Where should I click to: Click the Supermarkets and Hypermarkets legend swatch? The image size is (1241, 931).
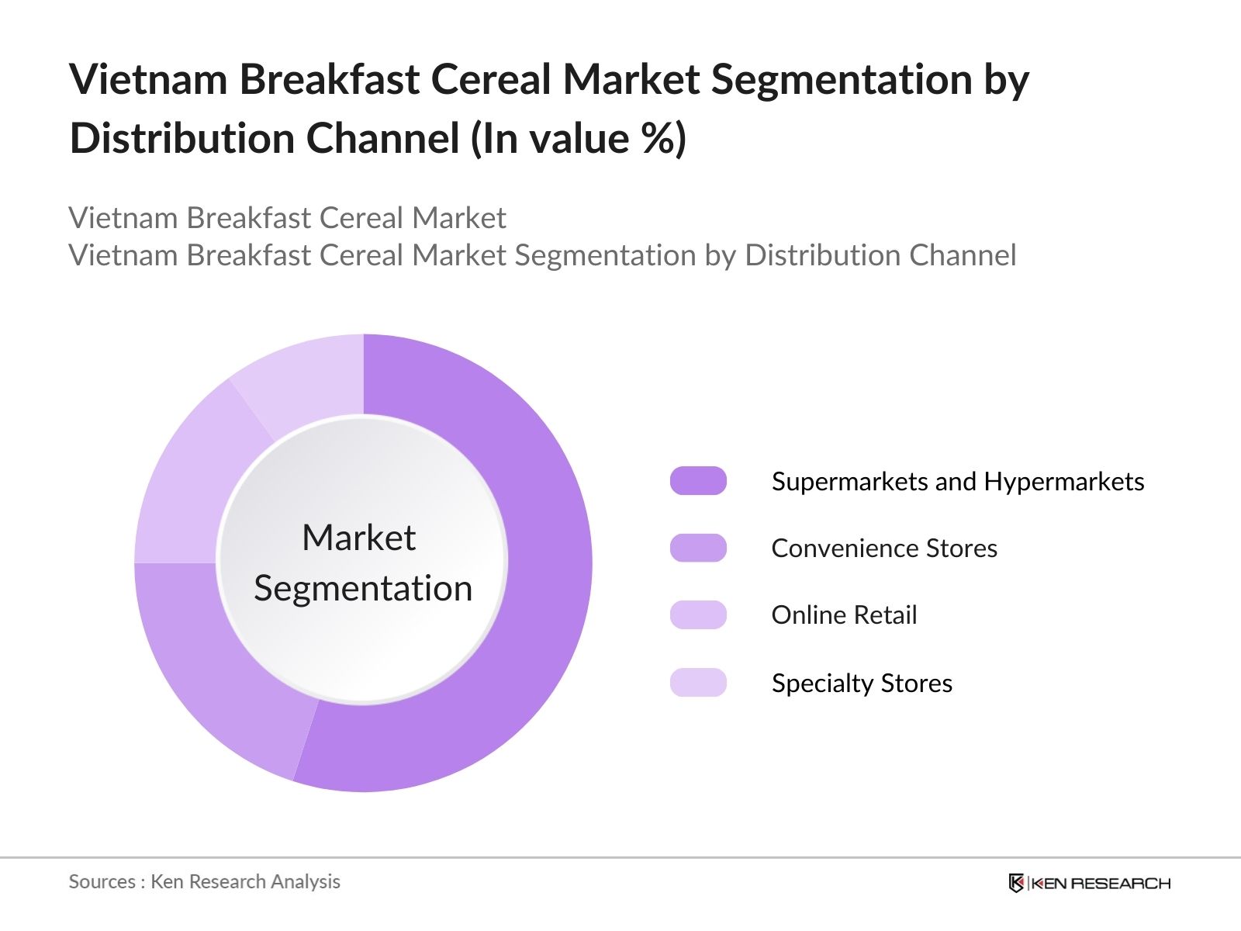[x=698, y=481]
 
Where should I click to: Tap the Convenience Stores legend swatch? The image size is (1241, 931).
[x=698, y=548]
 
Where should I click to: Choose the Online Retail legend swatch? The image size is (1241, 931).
[x=698, y=614]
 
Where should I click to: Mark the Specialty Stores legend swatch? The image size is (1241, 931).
[x=698, y=683]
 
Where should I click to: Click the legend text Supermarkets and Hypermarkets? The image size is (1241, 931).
[x=958, y=482]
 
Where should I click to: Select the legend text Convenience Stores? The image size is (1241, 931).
[x=884, y=549]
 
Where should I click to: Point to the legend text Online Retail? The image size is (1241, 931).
[x=844, y=615]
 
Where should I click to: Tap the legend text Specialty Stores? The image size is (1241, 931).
[x=862, y=684]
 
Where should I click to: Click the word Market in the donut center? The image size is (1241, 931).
[x=358, y=538]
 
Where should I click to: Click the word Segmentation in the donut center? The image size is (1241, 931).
[x=363, y=588]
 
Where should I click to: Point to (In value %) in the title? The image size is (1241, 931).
[x=579, y=139]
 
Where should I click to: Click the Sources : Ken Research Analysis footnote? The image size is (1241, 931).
[x=204, y=881]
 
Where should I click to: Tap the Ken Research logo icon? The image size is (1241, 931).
[x=1016, y=883]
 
